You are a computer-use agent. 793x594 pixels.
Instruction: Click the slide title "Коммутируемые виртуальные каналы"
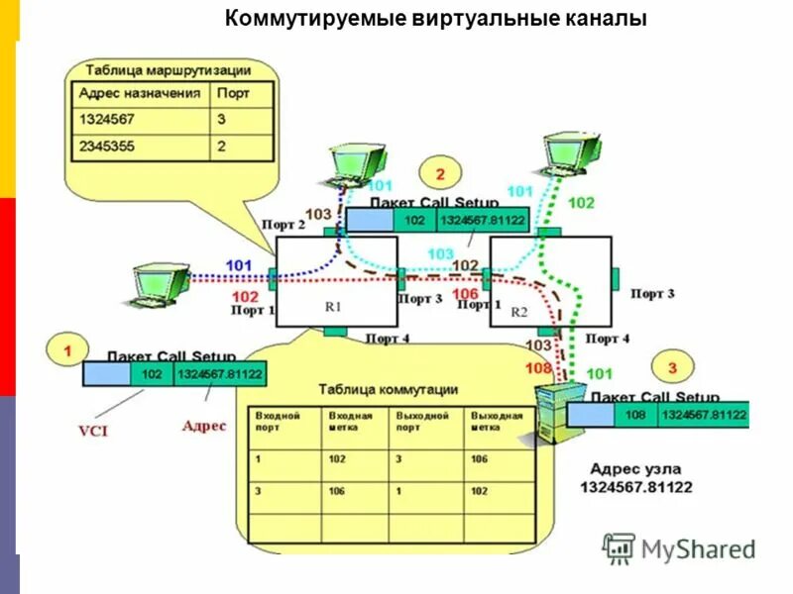[435, 19]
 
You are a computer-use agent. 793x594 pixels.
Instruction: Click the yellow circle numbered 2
[442, 173]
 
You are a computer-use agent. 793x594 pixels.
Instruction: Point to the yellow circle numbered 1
[67, 351]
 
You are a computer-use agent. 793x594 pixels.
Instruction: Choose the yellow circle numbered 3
[672, 367]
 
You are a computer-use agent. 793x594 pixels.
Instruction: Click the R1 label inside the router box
[333, 307]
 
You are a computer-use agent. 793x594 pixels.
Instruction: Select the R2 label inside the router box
[519, 311]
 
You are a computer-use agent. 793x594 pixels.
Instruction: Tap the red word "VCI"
[92, 431]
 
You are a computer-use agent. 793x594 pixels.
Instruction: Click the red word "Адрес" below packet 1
[204, 426]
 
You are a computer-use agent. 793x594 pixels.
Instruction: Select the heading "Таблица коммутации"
[388, 389]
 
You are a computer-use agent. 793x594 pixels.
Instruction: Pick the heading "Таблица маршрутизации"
[168, 70]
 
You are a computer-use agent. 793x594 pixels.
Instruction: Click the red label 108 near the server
[538, 368]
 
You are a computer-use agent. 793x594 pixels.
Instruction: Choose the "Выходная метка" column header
[496, 422]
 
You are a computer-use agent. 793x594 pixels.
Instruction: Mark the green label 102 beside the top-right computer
[582, 204]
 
